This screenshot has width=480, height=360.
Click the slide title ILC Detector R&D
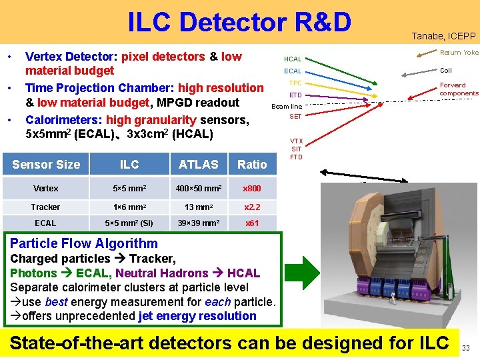click(x=239, y=22)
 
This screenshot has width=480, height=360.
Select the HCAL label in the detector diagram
click(x=293, y=59)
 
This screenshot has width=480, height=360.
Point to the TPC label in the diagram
click(x=295, y=83)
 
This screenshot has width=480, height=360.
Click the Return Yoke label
click(x=459, y=53)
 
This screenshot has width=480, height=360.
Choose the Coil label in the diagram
click(x=446, y=70)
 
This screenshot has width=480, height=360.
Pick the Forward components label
click(x=459, y=89)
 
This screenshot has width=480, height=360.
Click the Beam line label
click(x=287, y=107)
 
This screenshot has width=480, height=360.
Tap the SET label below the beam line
click(x=295, y=117)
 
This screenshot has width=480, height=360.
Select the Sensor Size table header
click(x=46, y=165)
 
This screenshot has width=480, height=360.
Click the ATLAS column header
click(x=199, y=165)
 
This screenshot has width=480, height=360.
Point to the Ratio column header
click(x=252, y=165)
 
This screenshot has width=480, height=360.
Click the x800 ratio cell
click(x=252, y=189)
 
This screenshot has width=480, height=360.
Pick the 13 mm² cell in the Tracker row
click(x=198, y=207)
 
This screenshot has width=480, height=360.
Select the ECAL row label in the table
click(x=45, y=223)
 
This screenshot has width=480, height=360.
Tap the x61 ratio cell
click(x=252, y=223)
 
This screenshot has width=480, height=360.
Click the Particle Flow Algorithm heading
click(x=84, y=243)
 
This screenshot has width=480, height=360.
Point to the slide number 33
click(x=466, y=347)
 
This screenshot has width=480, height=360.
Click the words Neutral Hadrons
click(x=169, y=273)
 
